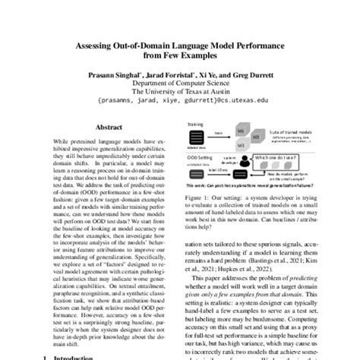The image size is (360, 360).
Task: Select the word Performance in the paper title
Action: pos(261,46)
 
